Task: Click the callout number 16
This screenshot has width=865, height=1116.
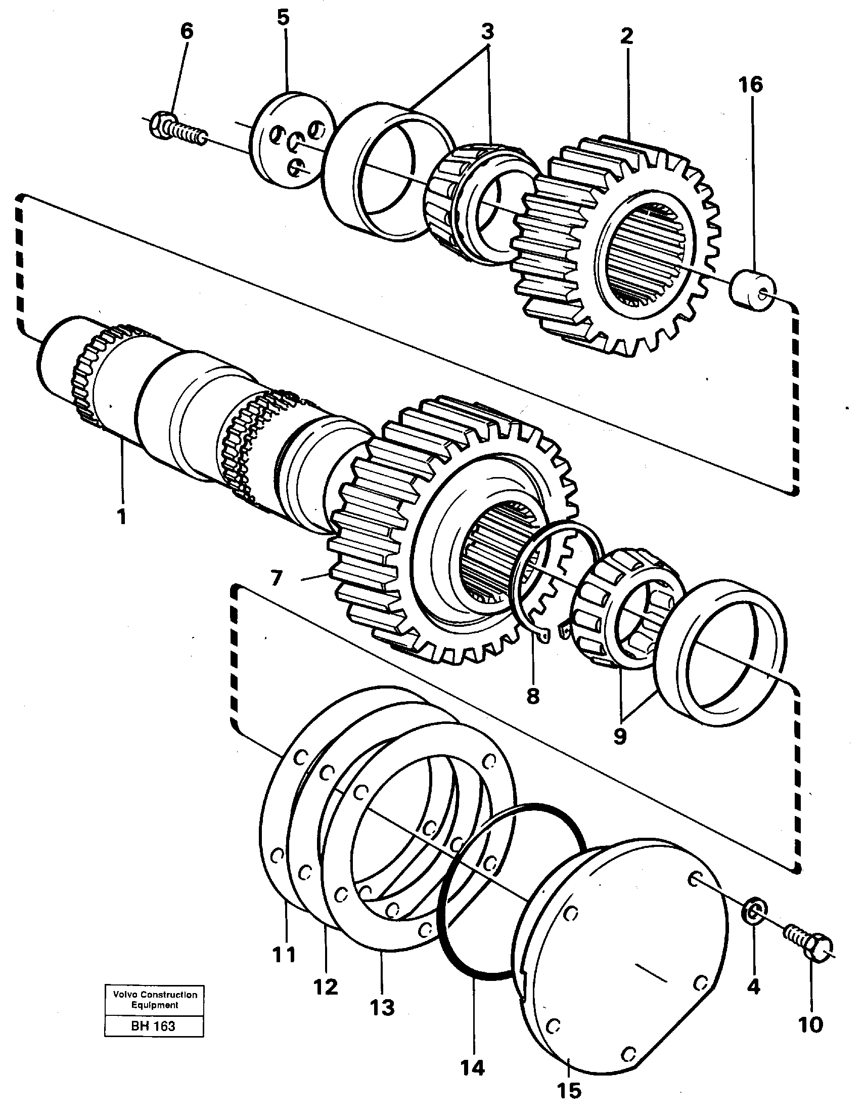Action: [750, 85]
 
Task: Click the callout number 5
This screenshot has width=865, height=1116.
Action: [284, 17]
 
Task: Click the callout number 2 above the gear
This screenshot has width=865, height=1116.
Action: [626, 36]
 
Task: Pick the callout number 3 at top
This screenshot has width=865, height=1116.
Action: [488, 32]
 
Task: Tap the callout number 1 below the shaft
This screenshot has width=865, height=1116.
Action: [121, 517]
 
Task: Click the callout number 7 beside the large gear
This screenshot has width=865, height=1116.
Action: [276, 579]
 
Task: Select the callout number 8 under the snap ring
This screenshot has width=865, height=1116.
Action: [532, 696]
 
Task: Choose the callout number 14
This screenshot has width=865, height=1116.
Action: [472, 1068]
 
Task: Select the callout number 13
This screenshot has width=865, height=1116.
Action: [383, 1008]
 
